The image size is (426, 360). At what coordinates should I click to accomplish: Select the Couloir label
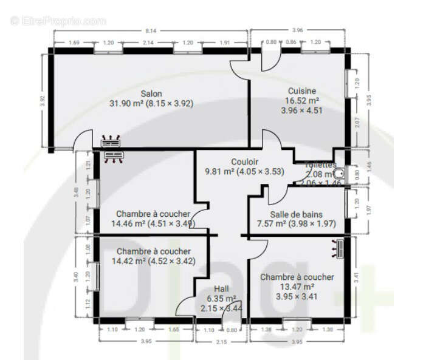point(245,162)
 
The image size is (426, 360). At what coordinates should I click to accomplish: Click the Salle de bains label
point(297,214)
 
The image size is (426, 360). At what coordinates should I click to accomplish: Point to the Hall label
point(221,289)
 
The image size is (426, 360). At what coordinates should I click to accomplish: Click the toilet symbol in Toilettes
point(339,174)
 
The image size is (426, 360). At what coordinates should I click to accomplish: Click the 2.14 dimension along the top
point(147,43)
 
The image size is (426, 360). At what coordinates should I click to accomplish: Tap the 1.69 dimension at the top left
point(75,43)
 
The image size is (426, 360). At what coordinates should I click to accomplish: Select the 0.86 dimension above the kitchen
point(291,43)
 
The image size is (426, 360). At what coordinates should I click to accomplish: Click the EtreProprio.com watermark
point(58,21)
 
